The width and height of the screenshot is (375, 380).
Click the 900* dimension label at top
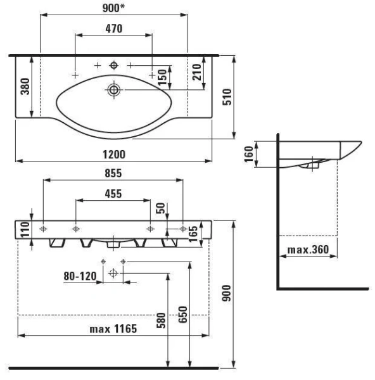coord(113,8)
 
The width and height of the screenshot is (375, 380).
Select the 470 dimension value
coord(113,29)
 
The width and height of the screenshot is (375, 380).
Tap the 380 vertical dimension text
coord(25,86)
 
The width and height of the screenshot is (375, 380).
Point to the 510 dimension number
coord(227,97)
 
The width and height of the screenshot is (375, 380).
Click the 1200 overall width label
coord(114,155)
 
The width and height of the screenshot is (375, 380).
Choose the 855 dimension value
coord(113,174)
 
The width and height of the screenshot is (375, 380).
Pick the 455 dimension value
coord(113,194)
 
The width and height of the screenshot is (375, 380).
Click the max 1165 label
coord(113,329)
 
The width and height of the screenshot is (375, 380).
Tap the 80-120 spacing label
coord(80,276)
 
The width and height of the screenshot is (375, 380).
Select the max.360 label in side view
coord(308,250)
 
